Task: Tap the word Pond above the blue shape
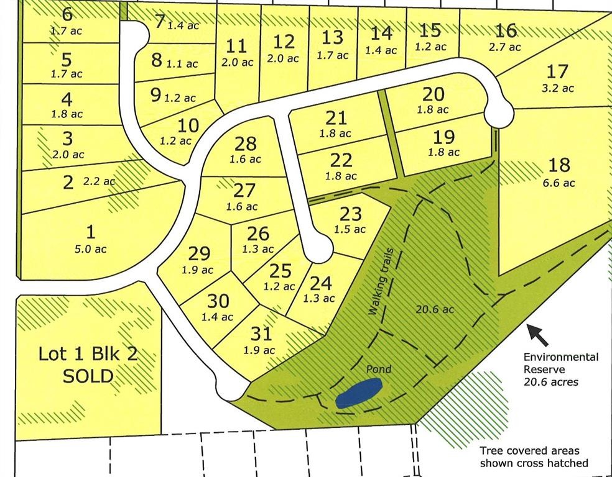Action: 378,370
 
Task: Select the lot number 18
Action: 560,165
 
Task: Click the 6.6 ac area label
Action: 560,183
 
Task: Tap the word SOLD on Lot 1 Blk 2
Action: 88,375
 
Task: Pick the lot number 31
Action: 262,334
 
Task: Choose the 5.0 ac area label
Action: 91,249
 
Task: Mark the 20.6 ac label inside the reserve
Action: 435,309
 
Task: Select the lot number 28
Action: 246,143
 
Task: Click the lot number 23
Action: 351,214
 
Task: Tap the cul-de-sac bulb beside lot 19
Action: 499,114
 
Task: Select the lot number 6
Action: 68,14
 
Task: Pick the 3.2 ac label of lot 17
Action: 558,88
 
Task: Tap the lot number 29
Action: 199,253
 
